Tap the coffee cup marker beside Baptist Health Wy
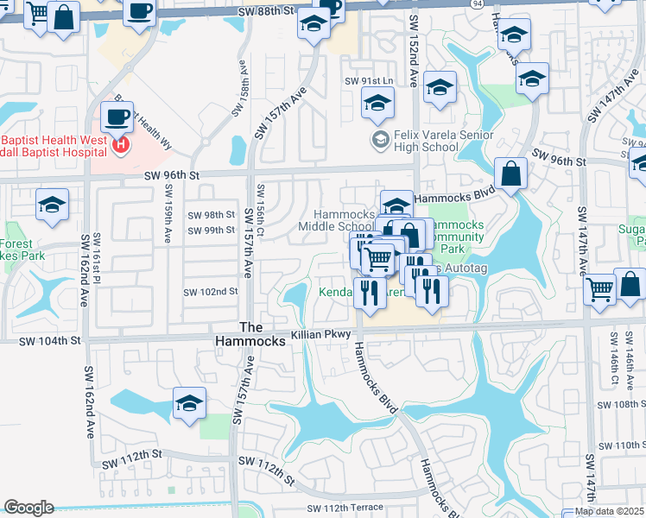pyautogui.click(x=117, y=117)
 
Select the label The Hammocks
pyautogui.click(x=250, y=334)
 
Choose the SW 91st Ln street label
pyautogui.click(x=369, y=80)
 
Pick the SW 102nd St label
pyautogui.click(x=211, y=292)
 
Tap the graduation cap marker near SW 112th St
pyautogui.click(x=189, y=403)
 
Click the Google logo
pyautogui.click(x=28, y=508)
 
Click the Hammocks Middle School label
pyautogui.click(x=336, y=220)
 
